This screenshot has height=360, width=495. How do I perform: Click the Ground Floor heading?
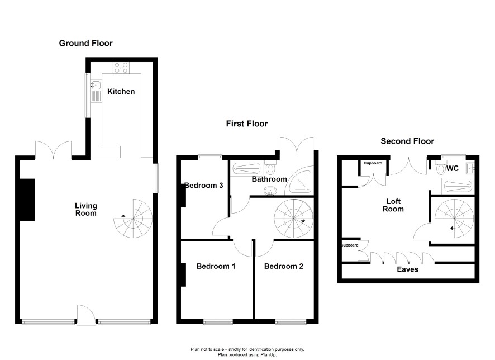[85, 43]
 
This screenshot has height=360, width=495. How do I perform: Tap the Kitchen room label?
[121, 92]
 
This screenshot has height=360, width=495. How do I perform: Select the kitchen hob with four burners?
[122, 68]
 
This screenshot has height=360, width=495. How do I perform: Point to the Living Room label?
[86, 210]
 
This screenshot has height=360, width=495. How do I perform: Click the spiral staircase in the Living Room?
[133, 219]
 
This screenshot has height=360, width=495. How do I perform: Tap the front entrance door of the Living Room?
[86, 315]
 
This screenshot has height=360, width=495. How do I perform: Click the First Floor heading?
[247, 124]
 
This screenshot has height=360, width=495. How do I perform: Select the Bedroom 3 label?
[204, 186]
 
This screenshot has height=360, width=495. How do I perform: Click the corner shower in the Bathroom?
[300, 181]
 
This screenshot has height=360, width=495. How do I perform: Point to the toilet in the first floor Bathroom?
[270, 167]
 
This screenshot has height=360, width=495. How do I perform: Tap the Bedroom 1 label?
[216, 266]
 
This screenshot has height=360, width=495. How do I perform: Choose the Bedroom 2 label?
[284, 266]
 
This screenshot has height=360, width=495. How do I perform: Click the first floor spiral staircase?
[293, 219]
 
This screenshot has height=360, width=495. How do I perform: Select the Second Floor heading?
[407, 141]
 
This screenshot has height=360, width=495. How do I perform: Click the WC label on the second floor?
[453, 168]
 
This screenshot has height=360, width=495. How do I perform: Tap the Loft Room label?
[393, 205]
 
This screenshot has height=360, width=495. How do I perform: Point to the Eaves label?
[407, 269]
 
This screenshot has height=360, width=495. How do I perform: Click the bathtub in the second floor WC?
[458, 186]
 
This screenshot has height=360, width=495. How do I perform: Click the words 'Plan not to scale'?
[207, 349]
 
